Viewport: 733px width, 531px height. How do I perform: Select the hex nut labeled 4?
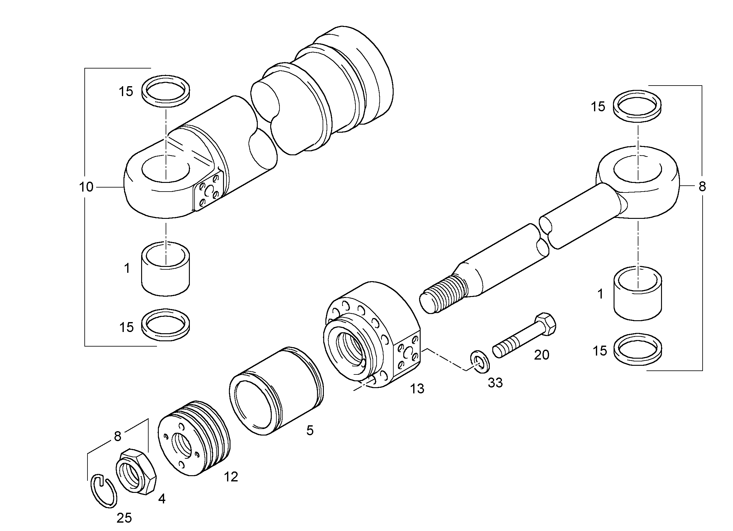coord(136,471)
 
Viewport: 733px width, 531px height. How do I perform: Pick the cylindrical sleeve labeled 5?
coord(276,391)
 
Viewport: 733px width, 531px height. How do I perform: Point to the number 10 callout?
coord(86,187)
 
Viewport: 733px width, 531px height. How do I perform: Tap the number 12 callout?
coord(231,477)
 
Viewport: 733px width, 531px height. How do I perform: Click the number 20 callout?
coord(542,355)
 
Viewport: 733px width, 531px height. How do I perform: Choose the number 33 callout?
coord(495,383)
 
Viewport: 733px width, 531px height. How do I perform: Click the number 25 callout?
coord(124,518)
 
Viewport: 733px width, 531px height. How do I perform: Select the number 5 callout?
coord(310,431)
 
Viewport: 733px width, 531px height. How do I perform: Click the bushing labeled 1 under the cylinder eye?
coord(165,268)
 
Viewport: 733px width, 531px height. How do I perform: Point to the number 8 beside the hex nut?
coord(117,436)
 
